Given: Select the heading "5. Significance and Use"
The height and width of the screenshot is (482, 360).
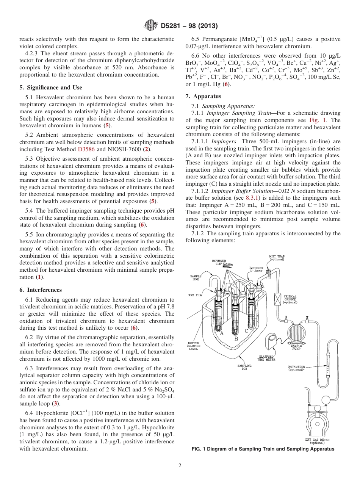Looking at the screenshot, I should tap(50, 88).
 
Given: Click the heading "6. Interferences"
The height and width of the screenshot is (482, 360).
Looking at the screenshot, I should tap(40, 290).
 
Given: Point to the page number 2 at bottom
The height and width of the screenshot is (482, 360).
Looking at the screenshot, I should tap(180, 466).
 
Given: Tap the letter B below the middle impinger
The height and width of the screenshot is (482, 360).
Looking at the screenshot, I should tap(236, 339).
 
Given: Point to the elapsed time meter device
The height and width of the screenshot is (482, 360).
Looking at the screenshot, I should tap(272, 341).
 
